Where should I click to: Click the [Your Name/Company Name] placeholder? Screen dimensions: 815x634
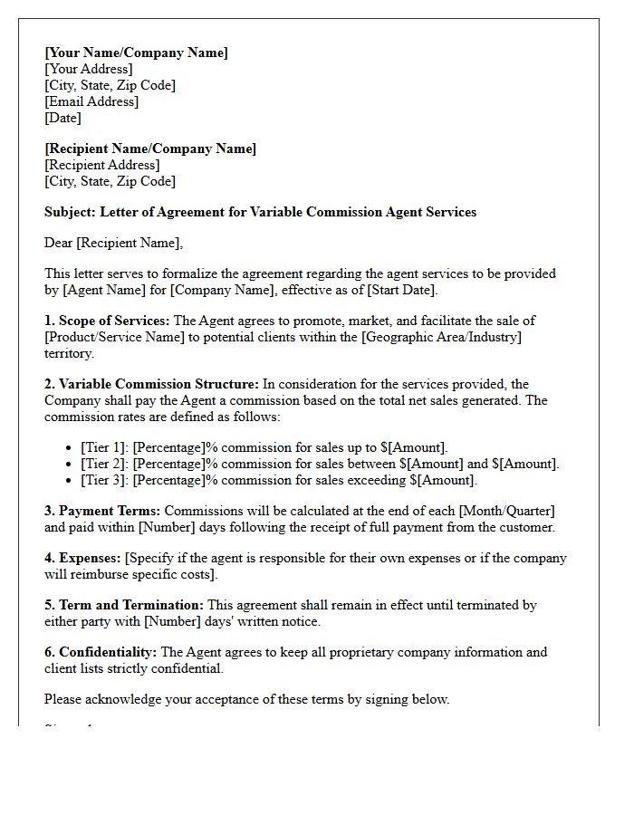(x=136, y=53)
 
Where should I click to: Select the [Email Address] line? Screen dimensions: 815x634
(x=91, y=101)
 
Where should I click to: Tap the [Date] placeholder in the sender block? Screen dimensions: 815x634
(x=62, y=118)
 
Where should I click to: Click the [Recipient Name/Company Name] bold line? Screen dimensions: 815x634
(x=150, y=149)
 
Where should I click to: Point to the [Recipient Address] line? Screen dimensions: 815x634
(x=101, y=165)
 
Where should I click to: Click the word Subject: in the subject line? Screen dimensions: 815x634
(x=70, y=212)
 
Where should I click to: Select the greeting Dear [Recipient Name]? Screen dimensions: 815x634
(x=113, y=243)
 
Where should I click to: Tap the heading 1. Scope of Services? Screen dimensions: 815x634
(x=107, y=321)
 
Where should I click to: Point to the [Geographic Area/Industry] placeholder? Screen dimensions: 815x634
(x=439, y=337)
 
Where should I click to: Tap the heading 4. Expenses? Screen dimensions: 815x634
(x=82, y=558)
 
